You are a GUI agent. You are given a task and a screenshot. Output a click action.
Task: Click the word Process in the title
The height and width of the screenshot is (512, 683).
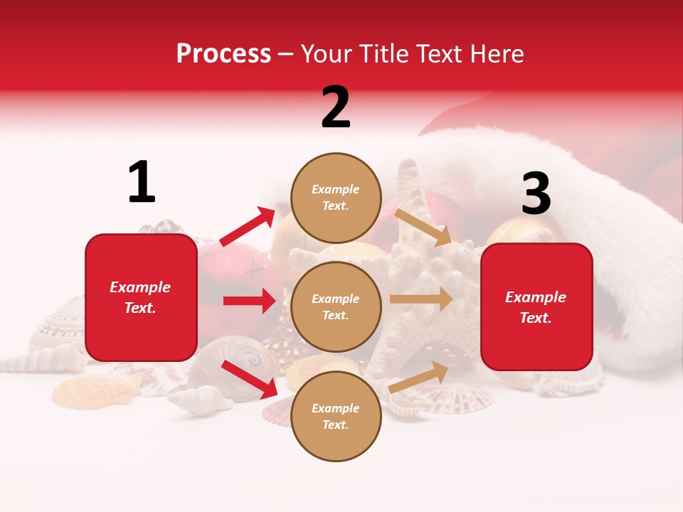223,54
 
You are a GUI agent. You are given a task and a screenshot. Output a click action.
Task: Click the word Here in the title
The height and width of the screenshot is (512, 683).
496,54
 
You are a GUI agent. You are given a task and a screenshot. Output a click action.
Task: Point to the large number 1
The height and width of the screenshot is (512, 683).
142,182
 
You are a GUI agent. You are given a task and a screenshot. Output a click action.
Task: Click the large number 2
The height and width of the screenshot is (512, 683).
336,107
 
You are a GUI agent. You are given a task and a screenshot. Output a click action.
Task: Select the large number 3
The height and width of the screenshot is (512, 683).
536,193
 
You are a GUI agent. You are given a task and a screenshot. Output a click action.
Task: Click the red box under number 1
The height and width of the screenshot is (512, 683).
141,297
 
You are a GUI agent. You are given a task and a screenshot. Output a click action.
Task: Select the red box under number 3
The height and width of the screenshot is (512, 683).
536,307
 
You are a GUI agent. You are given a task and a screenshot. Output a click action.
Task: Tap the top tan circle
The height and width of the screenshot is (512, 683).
336,198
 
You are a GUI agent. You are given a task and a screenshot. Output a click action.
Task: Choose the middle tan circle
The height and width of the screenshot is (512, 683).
336,307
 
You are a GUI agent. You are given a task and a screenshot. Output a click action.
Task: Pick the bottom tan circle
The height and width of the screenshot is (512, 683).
336,417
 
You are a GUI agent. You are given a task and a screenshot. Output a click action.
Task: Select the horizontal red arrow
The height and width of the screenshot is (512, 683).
249,301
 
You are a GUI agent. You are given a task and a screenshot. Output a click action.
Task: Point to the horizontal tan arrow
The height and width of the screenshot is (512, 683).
421,299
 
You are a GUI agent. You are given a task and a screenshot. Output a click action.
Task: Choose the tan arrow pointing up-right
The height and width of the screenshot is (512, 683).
419,378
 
